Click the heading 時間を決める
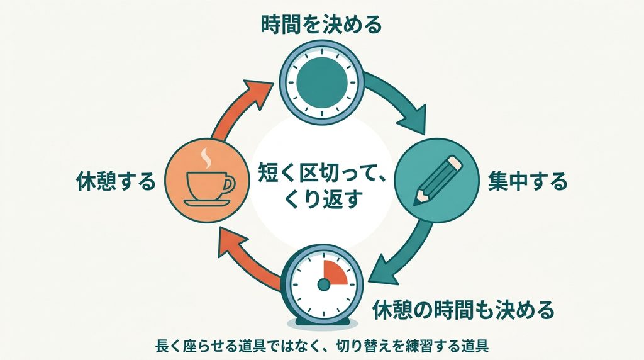(x=321, y=25)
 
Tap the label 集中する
(x=528, y=181)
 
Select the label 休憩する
(x=116, y=181)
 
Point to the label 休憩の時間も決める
(x=463, y=310)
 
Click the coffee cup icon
(x=210, y=185)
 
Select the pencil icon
(x=438, y=180)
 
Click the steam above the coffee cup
(x=206, y=158)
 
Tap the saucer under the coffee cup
(x=207, y=203)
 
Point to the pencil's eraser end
(x=456, y=162)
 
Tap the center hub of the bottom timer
(x=324, y=284)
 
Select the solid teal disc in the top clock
(x=322, y=80)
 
